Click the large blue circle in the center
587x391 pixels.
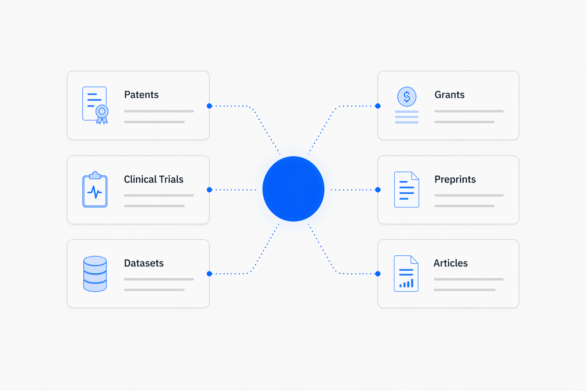coord(293,189)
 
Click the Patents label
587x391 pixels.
coord(141,95)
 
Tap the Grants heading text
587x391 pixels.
coord(449,95)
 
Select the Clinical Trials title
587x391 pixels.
coord(154,179)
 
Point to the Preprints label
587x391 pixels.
coord(455,179)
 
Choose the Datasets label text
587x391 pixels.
coord(144,263)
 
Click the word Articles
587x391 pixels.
coord(451,263)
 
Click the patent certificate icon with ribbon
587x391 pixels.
coord(95,105)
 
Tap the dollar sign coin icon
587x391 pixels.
coord(407,97)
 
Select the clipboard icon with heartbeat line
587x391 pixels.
coord(95,190)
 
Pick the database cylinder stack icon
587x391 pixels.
coord(95,274)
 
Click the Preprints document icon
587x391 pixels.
coord(407,189)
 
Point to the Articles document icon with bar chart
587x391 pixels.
coord(406,273)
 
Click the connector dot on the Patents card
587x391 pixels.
coord(209,106)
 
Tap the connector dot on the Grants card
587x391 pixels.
coord(378,106)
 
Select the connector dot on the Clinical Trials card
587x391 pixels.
coord(209,190)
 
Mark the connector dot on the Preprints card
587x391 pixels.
coord(378,190)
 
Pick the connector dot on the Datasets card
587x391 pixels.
coord(209,274)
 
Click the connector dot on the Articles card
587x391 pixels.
coord(378,274)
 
